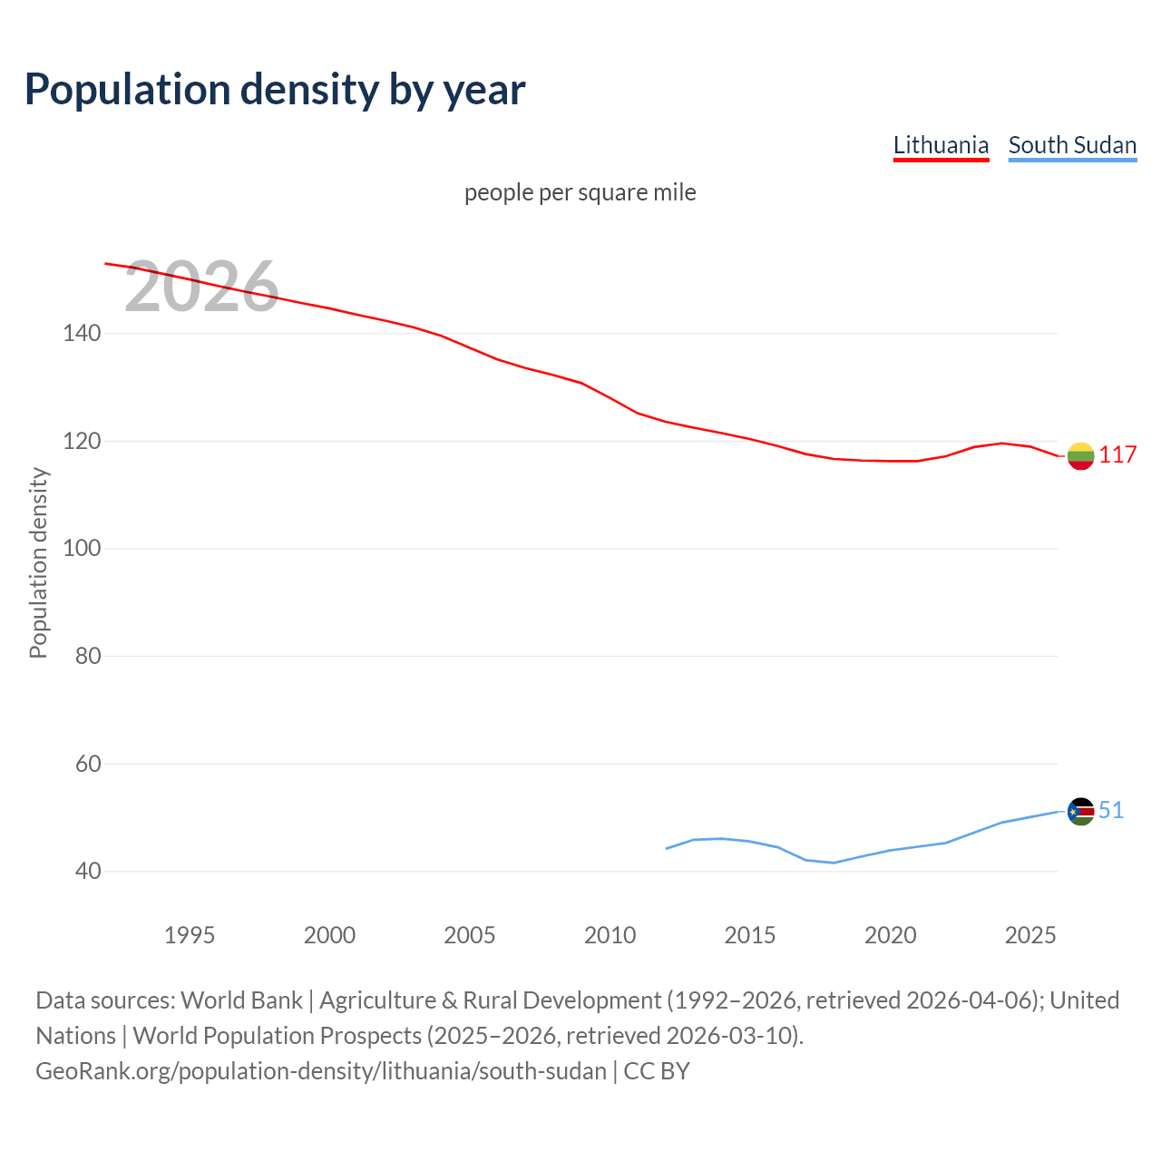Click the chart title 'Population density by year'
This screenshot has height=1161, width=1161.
tap(275, 89)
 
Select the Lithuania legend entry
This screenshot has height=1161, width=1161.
tap(941, 145)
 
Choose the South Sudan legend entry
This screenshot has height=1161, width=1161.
tap(1072, 145)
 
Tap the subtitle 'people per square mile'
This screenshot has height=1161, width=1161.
tap(580, 192)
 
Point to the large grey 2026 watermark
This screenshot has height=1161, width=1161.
tap(201, 287)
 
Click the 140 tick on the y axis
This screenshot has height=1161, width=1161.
tap(82, 334)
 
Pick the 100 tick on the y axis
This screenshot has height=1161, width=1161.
tap(82, 549)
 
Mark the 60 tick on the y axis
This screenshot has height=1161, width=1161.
tap(88, 764)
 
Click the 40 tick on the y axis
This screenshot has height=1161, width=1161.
tap(88, 871)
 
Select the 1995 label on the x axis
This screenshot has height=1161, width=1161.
tap(190, 935)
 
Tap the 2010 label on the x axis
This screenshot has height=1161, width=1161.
tap(610, 935)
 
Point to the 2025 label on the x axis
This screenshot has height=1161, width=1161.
tap(1030, 935)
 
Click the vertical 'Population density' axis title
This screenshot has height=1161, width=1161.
tap(38, 562)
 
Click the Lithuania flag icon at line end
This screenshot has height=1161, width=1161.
tap(1080, 455)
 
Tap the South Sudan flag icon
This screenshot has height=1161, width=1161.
tap(1080, 811)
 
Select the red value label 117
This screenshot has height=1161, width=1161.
tap(1117, 455)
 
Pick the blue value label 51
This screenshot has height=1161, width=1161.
tap(1111, 811)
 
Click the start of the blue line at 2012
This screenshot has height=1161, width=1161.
tap(667, 849)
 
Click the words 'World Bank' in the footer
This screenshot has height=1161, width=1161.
tap(241, 1000)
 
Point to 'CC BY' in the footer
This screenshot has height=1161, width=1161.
tap(657, 1071)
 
